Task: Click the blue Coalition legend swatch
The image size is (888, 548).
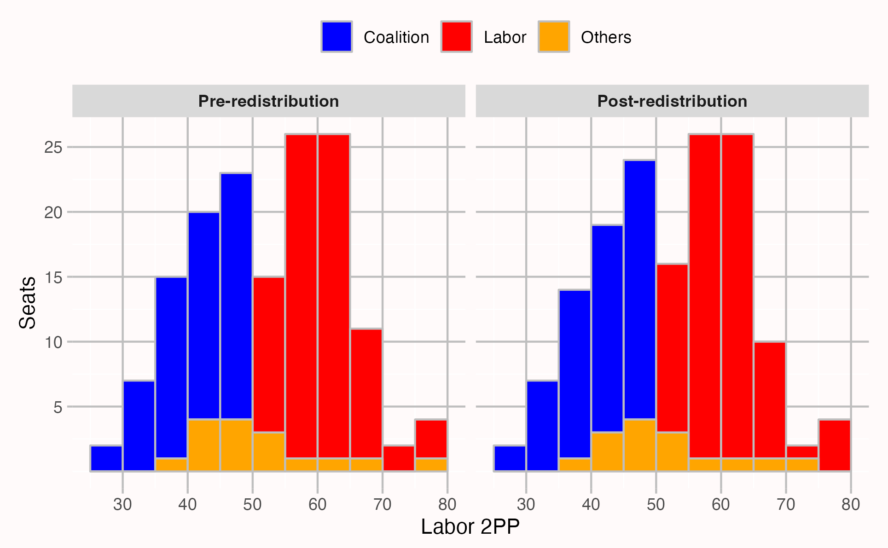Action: pyautogui.click(x=337, y=37)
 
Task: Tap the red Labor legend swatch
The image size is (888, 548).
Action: pyautogui.click(x=456, y=37)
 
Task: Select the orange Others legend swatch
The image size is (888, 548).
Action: pyautogui.click(x=554, y=37)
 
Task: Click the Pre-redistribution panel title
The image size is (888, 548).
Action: pyautogui.click(x=268, y=101)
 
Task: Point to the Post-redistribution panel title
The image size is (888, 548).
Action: pyautogui.click(x=672, y=101)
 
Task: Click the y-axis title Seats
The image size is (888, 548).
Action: pyautogui.click(x=28, y=303)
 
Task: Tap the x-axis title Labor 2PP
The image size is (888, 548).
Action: pyautogui.click(x=470, y=527)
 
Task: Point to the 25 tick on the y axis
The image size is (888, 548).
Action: pyautogui.click(x=53, y=148)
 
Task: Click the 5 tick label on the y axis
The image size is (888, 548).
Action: pyautogui.click(x=58, y=407)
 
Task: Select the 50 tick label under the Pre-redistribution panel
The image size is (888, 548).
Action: pyautogui.click(x=252, y=505)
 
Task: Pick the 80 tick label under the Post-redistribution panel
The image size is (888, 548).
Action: pyautogui.click(x=850, y=505)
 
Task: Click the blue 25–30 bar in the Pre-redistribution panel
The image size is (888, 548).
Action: pyautogui.click(x=106, y=458)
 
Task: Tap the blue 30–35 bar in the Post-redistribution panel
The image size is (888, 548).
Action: pyautogui.click(x=542, y=426)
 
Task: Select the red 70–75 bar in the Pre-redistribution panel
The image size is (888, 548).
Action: pyautogui.click(x=399, y=458)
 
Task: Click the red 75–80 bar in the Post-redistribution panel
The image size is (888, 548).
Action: pyautogui.click(x=834, y=445)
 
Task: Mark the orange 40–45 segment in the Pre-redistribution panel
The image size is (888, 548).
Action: pyautogui.click(x=203, y=445)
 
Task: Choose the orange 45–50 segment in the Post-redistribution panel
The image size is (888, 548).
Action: pyautogui.click(x=639, y=445)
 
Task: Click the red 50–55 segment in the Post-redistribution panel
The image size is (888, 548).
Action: pyautogui.click(x=672, y=348)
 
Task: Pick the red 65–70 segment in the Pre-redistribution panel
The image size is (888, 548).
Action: pyautogui.click(x=366, y=393)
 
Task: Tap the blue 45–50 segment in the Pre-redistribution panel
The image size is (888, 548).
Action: pyautogui.click(x=236, y=296)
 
